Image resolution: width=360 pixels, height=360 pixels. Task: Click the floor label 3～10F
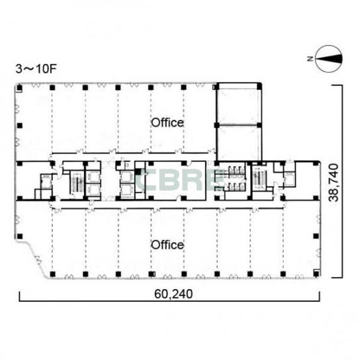[x=36, y=69]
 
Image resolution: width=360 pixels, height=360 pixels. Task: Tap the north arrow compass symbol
[x=329, y=59]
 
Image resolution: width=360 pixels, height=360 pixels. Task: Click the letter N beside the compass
[x=310, y=59]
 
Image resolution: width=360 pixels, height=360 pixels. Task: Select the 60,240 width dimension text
[x=173, y=294]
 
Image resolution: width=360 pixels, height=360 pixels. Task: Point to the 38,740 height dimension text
[x=334, y=183]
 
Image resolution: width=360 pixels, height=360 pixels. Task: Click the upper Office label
[x=167, y=123]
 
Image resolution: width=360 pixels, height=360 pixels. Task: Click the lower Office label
[x=167, y=245]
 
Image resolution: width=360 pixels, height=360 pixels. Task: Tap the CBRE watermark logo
[x=180, y=180]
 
